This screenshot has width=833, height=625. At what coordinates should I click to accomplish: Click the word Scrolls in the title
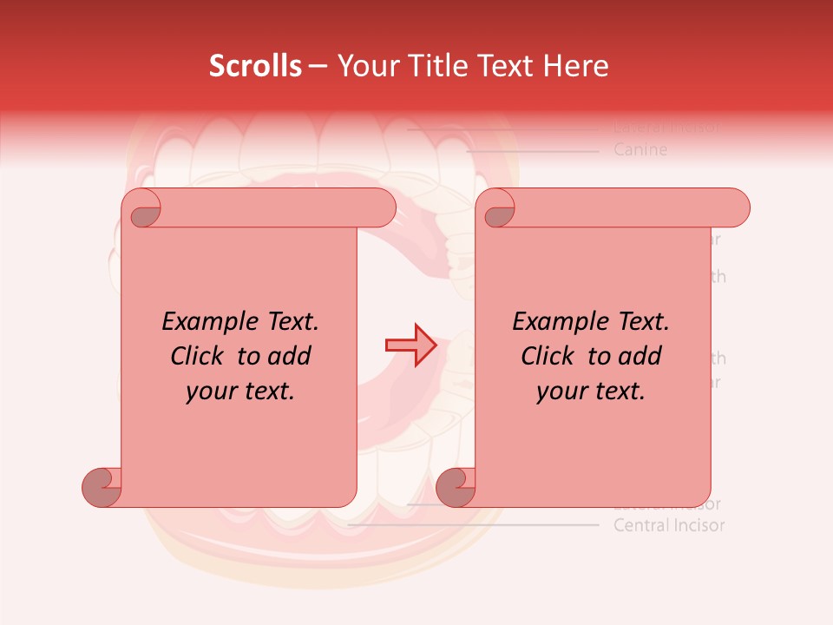click(x=255, y=66)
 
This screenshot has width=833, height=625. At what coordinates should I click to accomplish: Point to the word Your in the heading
click(x=366, y=66)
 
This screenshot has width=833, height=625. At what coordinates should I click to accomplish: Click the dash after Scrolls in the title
click(x=318, y=67)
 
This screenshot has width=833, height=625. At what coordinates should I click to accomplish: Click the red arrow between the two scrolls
click(x=410, y=345)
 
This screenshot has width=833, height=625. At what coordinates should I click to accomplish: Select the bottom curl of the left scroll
click(x=102, y=486)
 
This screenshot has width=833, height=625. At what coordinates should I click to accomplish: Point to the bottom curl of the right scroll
click(x=456, y=486)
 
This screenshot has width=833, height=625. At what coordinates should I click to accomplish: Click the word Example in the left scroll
click(x=210, y=321)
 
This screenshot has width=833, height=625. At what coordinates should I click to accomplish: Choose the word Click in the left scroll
click(x=199, y=356)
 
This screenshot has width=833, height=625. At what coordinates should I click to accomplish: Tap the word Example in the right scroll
click(x=561, y=321)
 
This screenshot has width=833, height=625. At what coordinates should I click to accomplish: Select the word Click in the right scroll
click(x=549, y=356)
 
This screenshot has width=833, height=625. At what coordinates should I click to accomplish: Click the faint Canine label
click(x=640, y=149)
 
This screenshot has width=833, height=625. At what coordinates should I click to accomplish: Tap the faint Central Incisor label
click(x=668, y=525)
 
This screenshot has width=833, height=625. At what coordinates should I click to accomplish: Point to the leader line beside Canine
click(x=531, y=150)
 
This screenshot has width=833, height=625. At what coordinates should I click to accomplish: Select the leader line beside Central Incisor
click(x=473, y=525)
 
